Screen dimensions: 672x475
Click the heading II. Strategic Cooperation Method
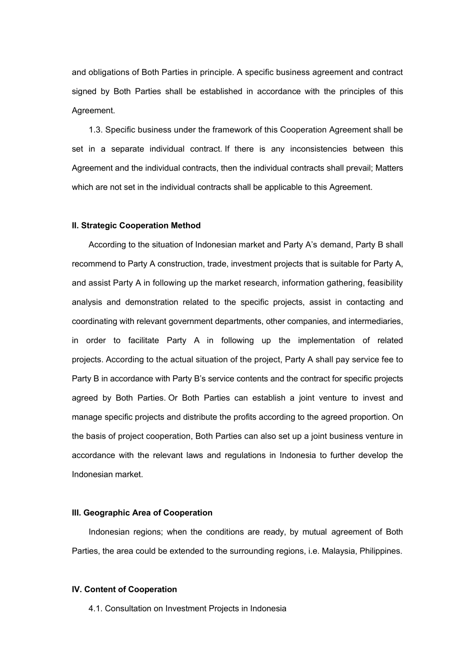[x=136, y=225]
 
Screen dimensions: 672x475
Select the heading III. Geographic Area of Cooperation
[x=142, y=512]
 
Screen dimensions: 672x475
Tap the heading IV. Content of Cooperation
[x=124, y=589]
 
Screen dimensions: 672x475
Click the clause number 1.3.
[x=95, y=129]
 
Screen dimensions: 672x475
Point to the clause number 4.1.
[x=95, y=608]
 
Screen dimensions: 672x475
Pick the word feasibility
[x=384, y=283]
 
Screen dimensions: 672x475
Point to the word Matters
[x=389, y=168]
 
